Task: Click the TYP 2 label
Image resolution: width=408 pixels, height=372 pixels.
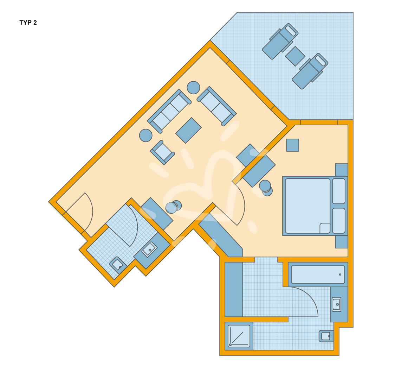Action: click(x=28, y=23)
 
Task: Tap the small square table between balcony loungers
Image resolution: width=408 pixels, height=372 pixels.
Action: click(x=295, y=56)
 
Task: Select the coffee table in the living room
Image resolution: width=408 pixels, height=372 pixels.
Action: click(x=188, y=130)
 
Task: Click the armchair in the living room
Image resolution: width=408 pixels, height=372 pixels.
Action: click(x=162, y=152)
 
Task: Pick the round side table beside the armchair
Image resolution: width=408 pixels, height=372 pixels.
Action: click(x=146, y=135)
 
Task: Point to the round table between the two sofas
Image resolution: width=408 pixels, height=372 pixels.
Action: click(x=193, y=88)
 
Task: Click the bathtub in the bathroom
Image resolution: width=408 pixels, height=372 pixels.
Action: click(x=318, y=275)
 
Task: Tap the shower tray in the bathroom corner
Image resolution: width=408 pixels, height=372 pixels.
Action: click(x=239, y=336)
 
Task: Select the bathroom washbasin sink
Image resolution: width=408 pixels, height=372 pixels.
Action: click(x=336, y=304)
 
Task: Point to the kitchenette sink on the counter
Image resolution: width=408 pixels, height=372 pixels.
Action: click(x=149, y=250)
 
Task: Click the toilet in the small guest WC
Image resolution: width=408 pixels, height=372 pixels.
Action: click(x=118, y=265)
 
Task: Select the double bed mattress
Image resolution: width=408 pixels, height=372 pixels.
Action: click(x=307, y=206)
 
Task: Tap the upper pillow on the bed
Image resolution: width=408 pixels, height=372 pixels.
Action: click(x=339, y=191)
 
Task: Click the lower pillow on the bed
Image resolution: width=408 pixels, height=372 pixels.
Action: click(x=339, y=221)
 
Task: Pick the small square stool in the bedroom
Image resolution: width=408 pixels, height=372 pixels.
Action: click(x=292, y=145)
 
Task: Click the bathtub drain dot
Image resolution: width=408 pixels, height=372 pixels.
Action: click(x=340, y=275)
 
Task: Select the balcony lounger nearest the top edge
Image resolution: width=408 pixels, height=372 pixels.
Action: click(x=280, y=41)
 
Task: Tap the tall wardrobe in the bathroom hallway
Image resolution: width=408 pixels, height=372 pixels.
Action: click(x=233, y=289)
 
